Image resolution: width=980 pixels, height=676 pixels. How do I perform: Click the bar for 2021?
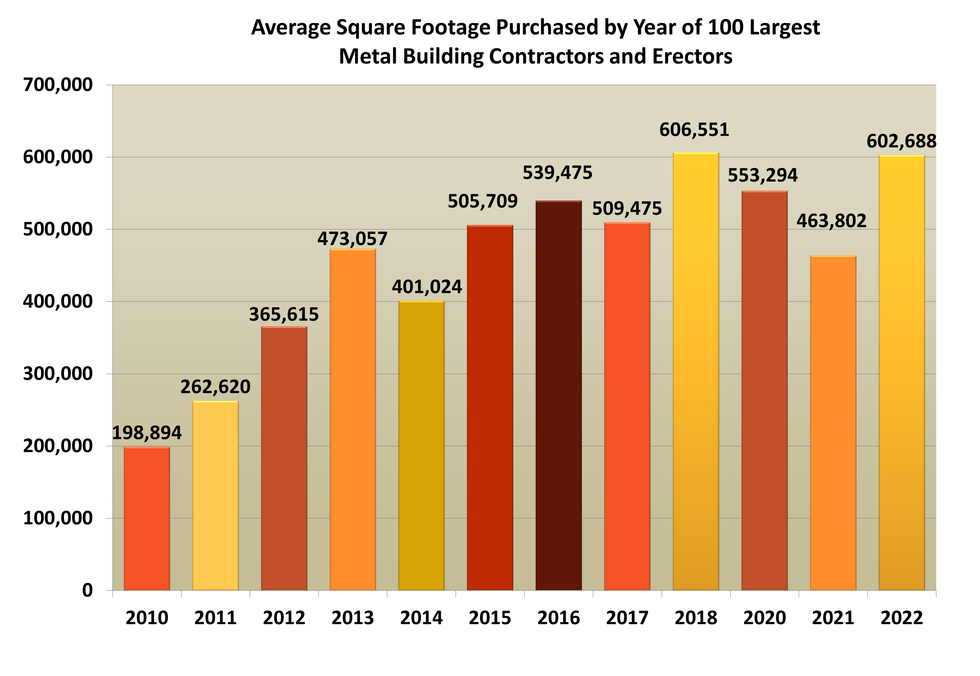click(x=833, y=423)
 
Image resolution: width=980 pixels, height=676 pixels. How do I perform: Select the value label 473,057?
click(x=352, y=239)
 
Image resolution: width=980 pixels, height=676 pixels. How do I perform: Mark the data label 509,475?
click(x=627, y=209)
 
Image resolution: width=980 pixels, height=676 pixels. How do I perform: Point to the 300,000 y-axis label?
click(x=58, y=374)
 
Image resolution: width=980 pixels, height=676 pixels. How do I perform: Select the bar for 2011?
click(x=215, y=496)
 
